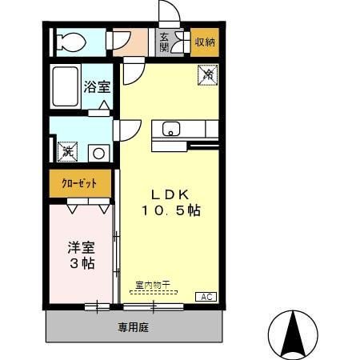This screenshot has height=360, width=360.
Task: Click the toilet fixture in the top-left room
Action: (x=67, y=41)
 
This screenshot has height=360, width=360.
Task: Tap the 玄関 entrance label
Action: (x=164, y=42)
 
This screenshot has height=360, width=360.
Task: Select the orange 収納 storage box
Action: (x=205, y=42)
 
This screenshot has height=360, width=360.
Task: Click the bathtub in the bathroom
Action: (x=66, y=86)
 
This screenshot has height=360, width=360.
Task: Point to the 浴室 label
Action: (x=97, y=86)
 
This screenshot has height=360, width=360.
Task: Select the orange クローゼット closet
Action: (x=80, y=183)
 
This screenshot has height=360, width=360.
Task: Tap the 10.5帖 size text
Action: (x=170, y=210)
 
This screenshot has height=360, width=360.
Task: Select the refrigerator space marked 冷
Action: (x=207, y=75)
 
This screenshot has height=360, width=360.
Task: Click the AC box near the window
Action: (x=206, y=297)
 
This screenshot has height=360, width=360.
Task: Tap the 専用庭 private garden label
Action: (x=134, y=326)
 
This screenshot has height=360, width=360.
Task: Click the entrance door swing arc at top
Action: (x=170, y=14)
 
